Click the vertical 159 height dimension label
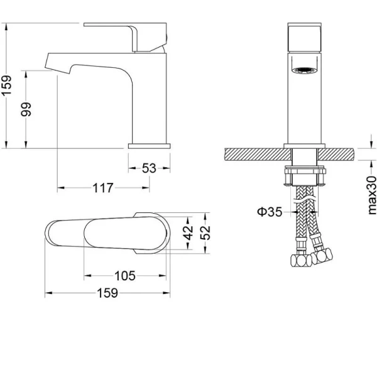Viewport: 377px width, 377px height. pyautogui.click(x=7, y=85)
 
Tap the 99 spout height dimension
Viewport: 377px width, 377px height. pyautogui.click(x=26, y=109)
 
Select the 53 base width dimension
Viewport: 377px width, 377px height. pyautogui.click(x=149, y=168)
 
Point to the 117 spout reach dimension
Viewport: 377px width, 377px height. pyautogui.click(x=103, y=188)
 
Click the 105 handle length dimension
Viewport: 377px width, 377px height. pyautogui.click(x=125, y=276)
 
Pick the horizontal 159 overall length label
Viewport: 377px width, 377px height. pyautogui.click(x=107, y=293)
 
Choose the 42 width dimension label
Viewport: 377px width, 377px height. pyautogui.click(x=188, y=232)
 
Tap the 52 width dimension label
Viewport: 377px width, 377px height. pyautogui.click(x=205, y=232)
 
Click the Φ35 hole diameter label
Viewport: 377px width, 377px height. pyautogui.click(x=270, y=212)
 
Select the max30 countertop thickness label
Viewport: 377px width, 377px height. pyautogui.click(x=371, y=195)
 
